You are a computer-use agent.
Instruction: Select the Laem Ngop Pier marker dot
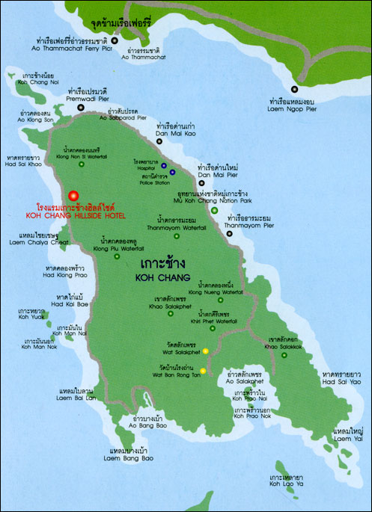click(x=299, y=80)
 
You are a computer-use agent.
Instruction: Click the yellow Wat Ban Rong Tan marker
click(x=202, y=369)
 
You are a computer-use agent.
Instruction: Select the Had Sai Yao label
click(x=340, y=383)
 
